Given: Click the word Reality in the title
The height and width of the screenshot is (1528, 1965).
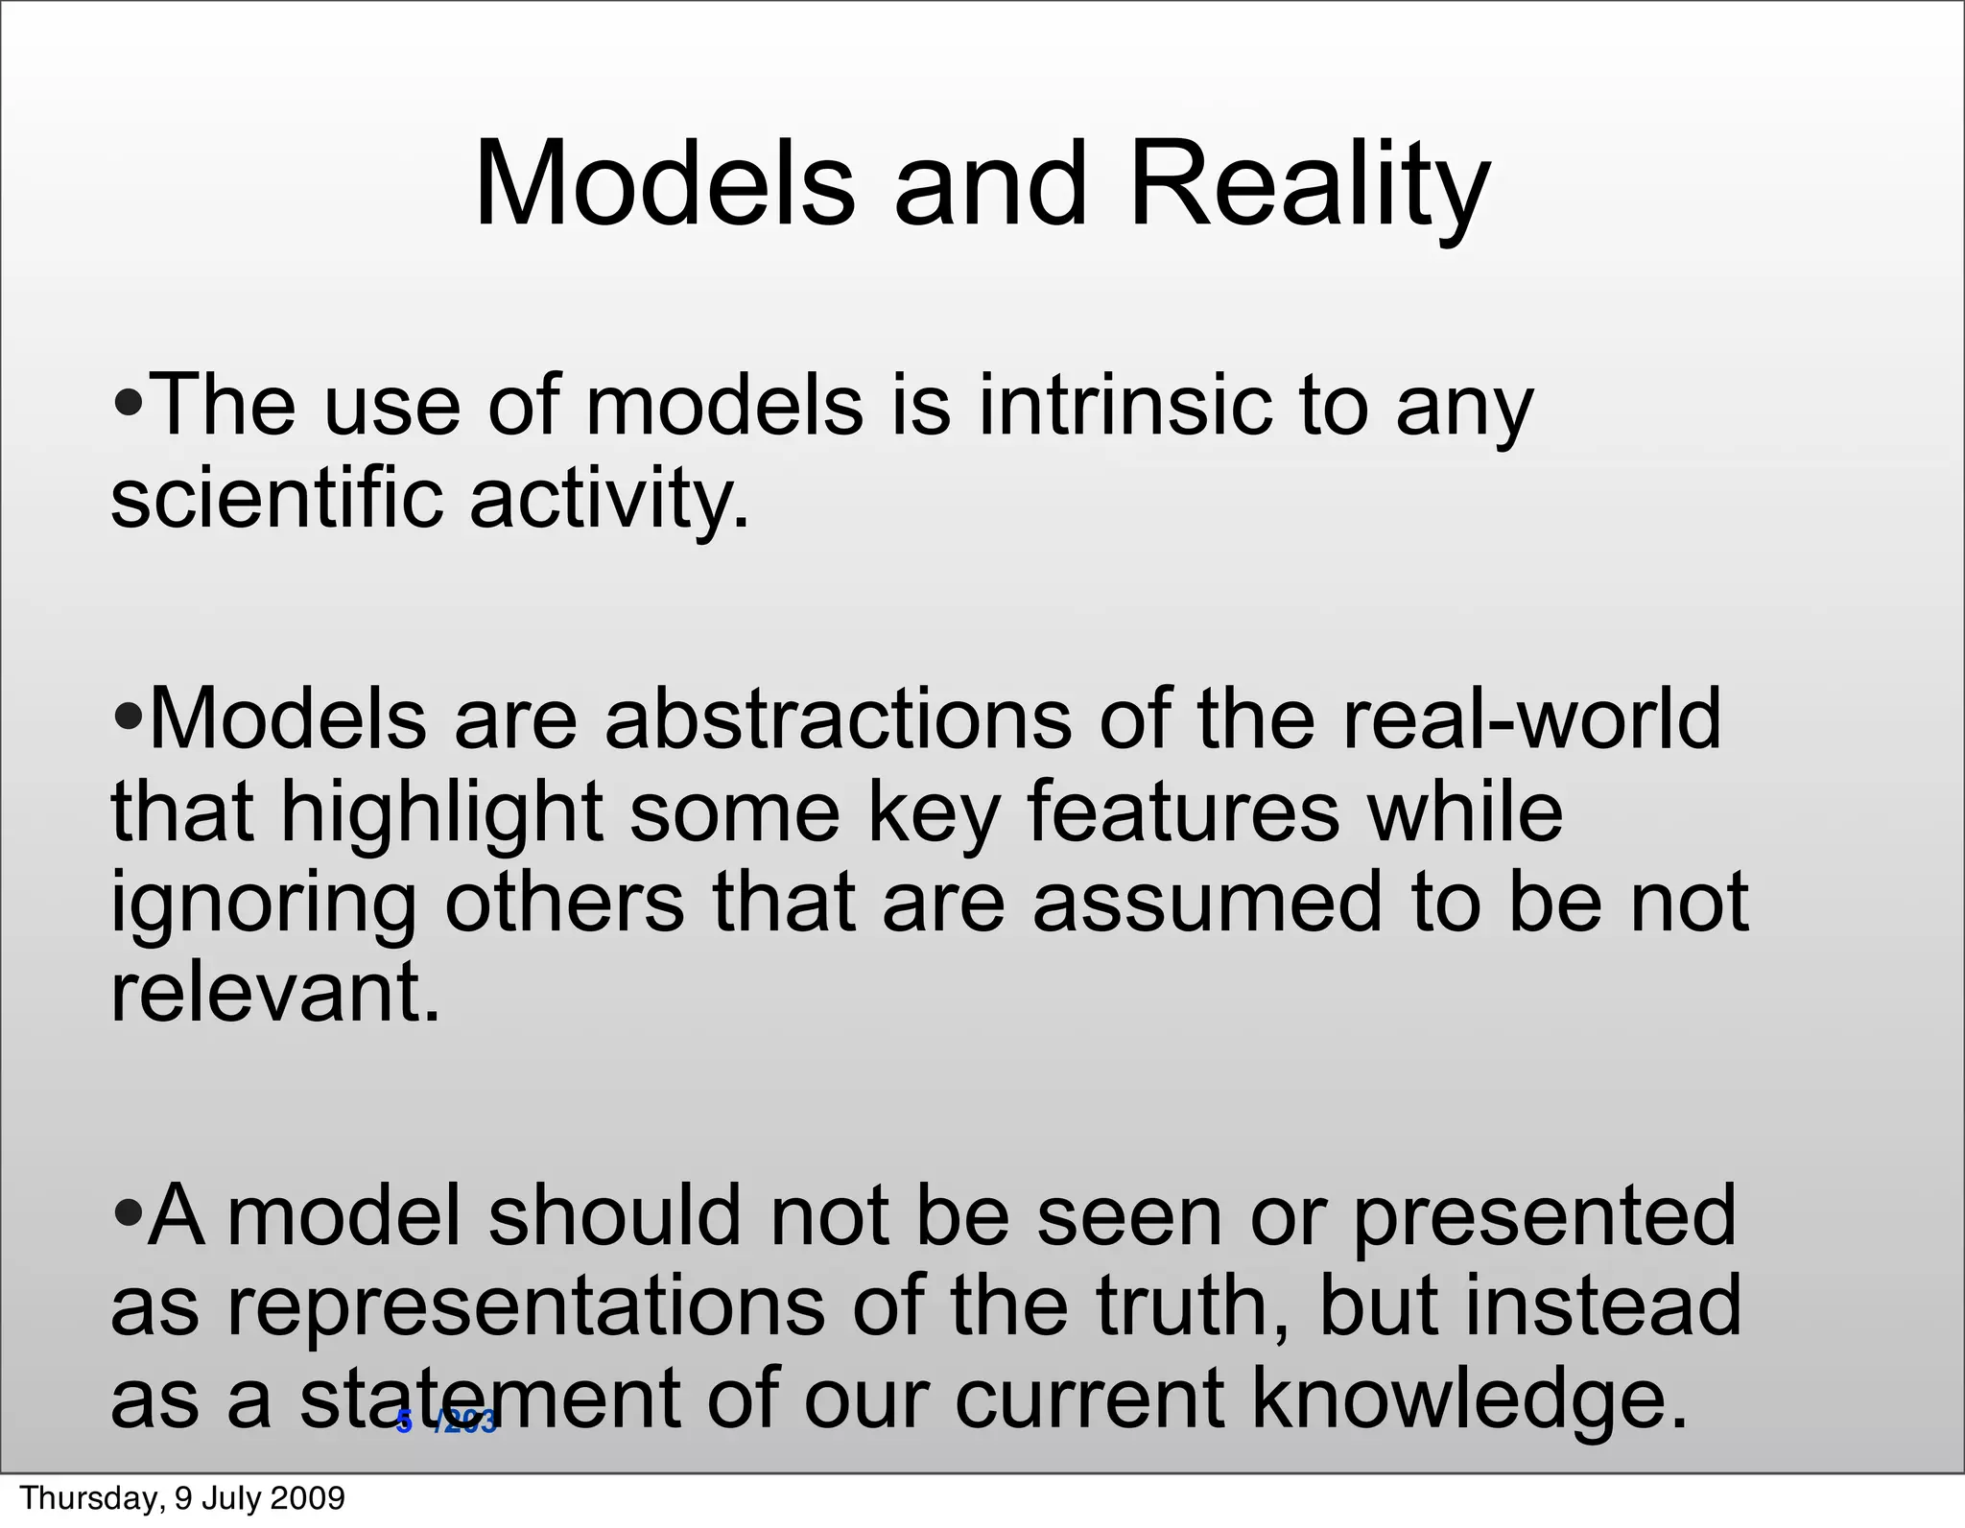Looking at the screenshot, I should (1309, 184).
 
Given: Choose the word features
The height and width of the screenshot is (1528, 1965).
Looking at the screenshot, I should (1183, 811).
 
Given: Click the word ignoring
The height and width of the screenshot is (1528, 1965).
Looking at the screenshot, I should (264, 905).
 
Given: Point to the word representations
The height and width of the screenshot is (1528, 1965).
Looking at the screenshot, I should (526, 1306).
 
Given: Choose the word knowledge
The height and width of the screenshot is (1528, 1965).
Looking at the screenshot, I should (1468, 1400).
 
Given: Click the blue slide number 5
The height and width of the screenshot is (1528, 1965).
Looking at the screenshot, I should (405, 1422).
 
